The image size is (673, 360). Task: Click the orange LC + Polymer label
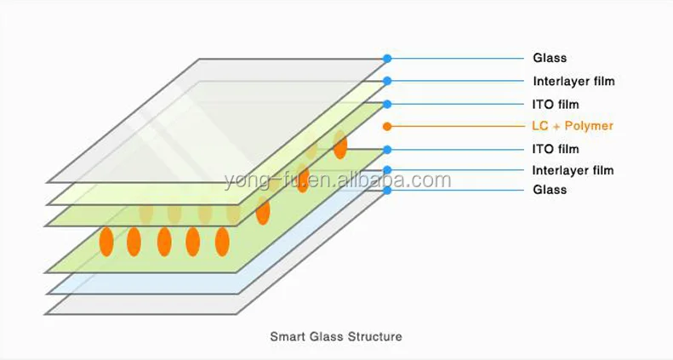coord(573,126)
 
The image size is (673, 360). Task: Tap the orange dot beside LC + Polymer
coord(387,126)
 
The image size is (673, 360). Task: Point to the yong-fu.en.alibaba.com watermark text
coord(337,180)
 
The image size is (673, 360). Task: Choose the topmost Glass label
coord(550,59)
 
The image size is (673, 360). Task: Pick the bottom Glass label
coord(550,190)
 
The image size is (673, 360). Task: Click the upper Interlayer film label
coord(573,82)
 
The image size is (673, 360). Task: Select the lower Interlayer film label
coord(573,170)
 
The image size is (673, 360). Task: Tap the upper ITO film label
coord(556,105)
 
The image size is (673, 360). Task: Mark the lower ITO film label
coord(556,149)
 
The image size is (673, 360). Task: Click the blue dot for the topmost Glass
coord(387,59)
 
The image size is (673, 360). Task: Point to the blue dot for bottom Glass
coord(387,190)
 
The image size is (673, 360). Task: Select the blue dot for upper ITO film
coord(387,104)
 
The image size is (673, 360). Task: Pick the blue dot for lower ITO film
coord(387,149)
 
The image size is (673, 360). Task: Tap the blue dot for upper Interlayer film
coord(387,82)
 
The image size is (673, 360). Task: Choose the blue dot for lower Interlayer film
coord(387,170)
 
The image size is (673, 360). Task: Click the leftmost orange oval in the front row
coord(106,242)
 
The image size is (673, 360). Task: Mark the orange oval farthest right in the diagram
coord(340,144)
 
